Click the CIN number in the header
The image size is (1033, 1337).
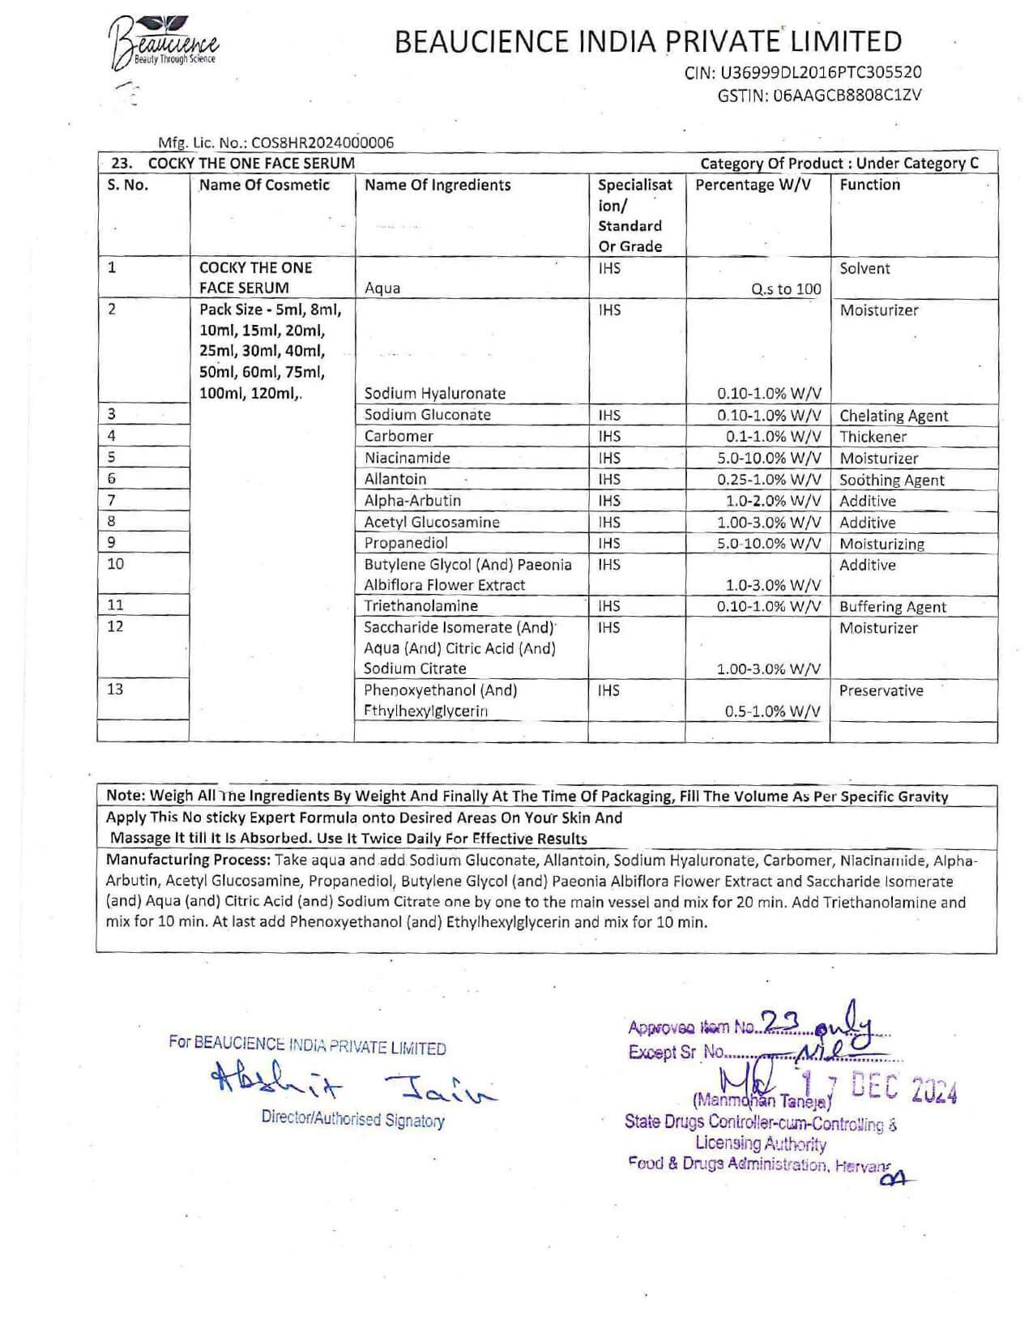pyautogui.click(x=802, y=73)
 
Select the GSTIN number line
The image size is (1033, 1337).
pyautogui.click(x=819, y=95)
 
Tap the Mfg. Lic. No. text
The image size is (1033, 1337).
pyautogui.click(x=275, y=143)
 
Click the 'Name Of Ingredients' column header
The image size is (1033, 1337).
pyautogui.click(x=438, y=185)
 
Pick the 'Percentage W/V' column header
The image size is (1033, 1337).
pyautogui.click(x=753, y=185)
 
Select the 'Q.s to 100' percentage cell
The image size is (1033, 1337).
pyautogui.click(x=785, y=288)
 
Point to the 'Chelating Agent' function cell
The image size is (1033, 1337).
pyautogui.click(x=894, y=416)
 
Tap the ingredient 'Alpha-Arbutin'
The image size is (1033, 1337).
pyautogui.click(x=412, y=501)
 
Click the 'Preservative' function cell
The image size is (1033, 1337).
pyautogui.click(x=881, y=690)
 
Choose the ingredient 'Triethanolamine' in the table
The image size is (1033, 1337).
pyautogui.click(x=420, y=606)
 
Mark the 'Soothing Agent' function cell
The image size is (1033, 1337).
pyautogui.click(x=891, y=480)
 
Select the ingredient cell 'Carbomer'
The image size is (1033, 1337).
pyautogui.click(x=399, y=436)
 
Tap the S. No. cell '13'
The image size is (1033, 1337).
pyautogui.click(x=116, y=690)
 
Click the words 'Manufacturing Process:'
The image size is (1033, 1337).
pyautogui.click(x=189, y=860)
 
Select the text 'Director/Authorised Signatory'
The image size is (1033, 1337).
pyautogui.click(x=352, y=1120)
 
